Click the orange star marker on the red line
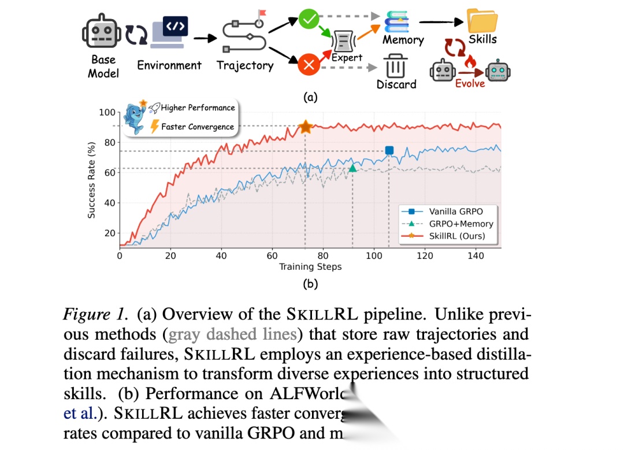pos(306,128)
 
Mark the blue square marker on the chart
pos(389,150)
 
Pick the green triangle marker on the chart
pos(353,168)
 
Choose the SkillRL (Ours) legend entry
pos(456,236)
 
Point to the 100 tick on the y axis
pos(108,112)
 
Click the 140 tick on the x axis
pos(476,255)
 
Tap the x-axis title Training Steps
pos(310,266)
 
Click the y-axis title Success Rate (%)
pos(92,180)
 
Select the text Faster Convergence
pos(197,127)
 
